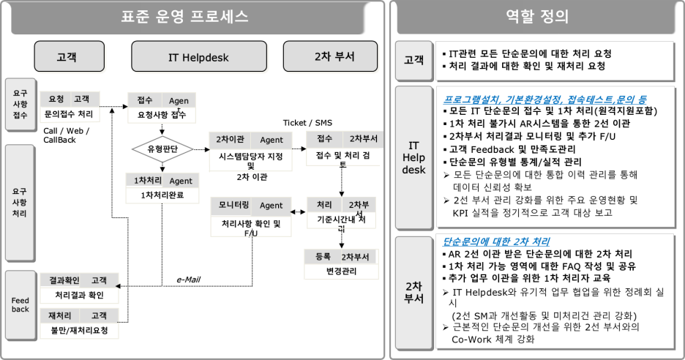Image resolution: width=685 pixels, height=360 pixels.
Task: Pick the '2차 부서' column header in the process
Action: (x=331, y=56)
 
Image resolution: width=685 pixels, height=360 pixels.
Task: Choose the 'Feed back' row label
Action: (x=20, y=304)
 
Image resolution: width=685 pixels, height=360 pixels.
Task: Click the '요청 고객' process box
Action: (x=70, y=107)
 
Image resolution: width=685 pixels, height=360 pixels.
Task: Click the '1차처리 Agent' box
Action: (x=162, y=188)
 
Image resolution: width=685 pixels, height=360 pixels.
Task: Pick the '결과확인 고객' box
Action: (x=79, y=288)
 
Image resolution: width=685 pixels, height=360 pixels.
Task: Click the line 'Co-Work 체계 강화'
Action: (x=495, y=340)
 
